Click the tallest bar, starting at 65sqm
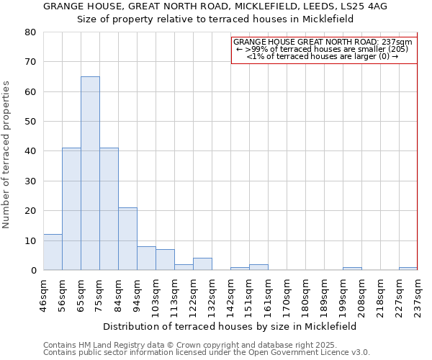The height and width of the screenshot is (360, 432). coord(90,173)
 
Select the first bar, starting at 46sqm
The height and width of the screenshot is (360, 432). coord(53,252)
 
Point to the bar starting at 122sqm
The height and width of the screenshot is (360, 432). coord(202,264)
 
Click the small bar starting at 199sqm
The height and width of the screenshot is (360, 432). coord(352,269)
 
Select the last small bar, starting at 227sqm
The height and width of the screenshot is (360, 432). coord(408,269)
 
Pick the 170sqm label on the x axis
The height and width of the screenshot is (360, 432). coord(287,295)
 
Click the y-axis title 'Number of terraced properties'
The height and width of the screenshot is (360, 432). coord(7,154)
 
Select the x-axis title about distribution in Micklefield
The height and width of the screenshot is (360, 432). coord(230,326)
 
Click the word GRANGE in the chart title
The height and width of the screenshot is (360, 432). coord(64,6)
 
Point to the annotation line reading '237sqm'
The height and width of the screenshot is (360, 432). coord(323,42)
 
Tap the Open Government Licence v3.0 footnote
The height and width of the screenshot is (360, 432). coord(207,352)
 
